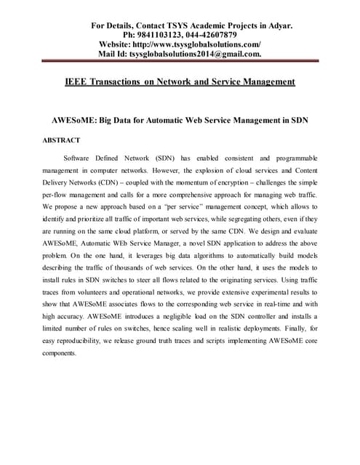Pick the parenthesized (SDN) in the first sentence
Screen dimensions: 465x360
166,158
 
